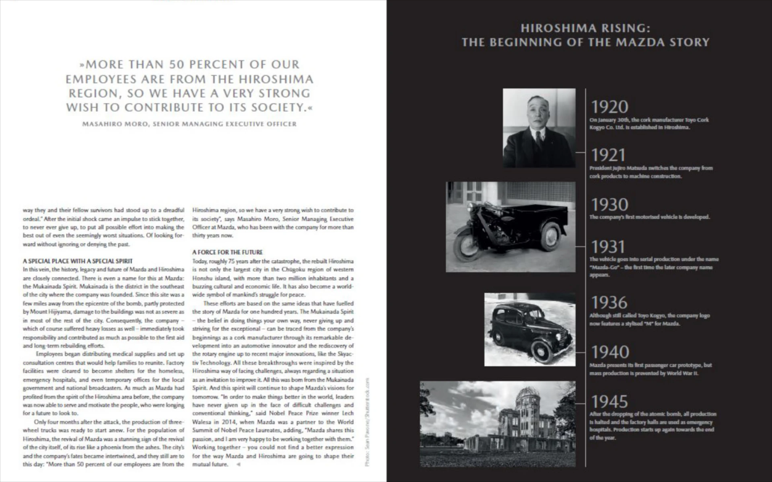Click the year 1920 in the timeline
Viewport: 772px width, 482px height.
(609, 107)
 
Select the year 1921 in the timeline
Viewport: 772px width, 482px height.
(608, 155)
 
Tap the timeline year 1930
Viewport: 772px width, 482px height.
(609, 205)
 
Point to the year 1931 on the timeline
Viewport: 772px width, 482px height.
(608, 247)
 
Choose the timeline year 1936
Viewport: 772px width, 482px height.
(609, 303)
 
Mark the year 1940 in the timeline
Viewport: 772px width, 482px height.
(610, 352)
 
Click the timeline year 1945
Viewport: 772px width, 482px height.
(609, 402)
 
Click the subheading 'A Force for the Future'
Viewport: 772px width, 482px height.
(227, 252)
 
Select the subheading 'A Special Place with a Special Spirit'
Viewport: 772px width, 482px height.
(78, 261)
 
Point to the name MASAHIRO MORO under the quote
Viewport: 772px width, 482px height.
(113, 124)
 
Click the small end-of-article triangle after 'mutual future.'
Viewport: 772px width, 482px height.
(238, 464)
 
